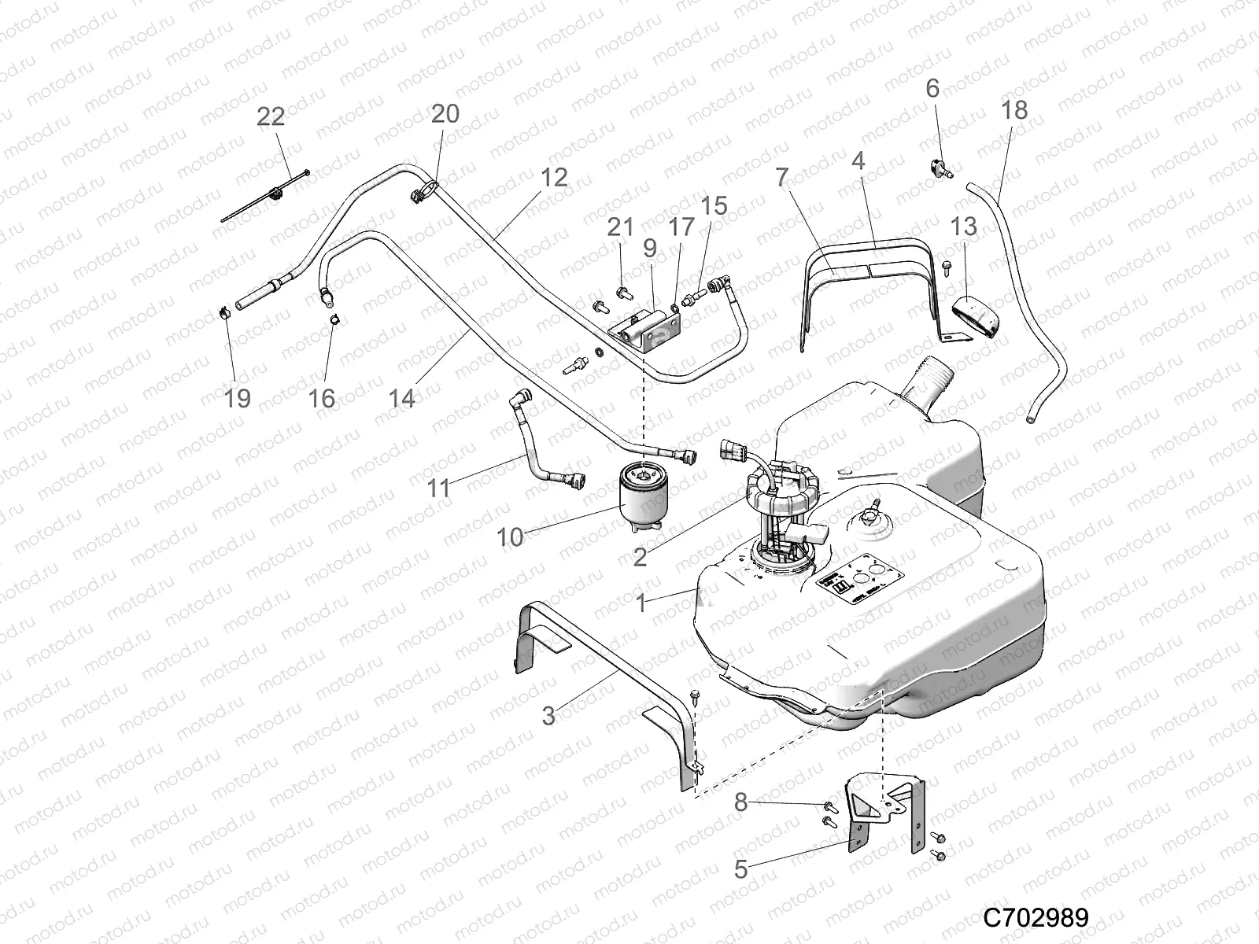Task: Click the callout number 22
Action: (x=271, y=116)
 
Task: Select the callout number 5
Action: (x=740, y=869)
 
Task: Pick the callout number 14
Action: (x=401, y=398)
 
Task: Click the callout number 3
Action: (x=548, y=716)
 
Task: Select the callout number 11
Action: (x=438, y=489)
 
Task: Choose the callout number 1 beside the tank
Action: (x=641, y=603)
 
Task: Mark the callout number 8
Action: (x=740, y=803)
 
